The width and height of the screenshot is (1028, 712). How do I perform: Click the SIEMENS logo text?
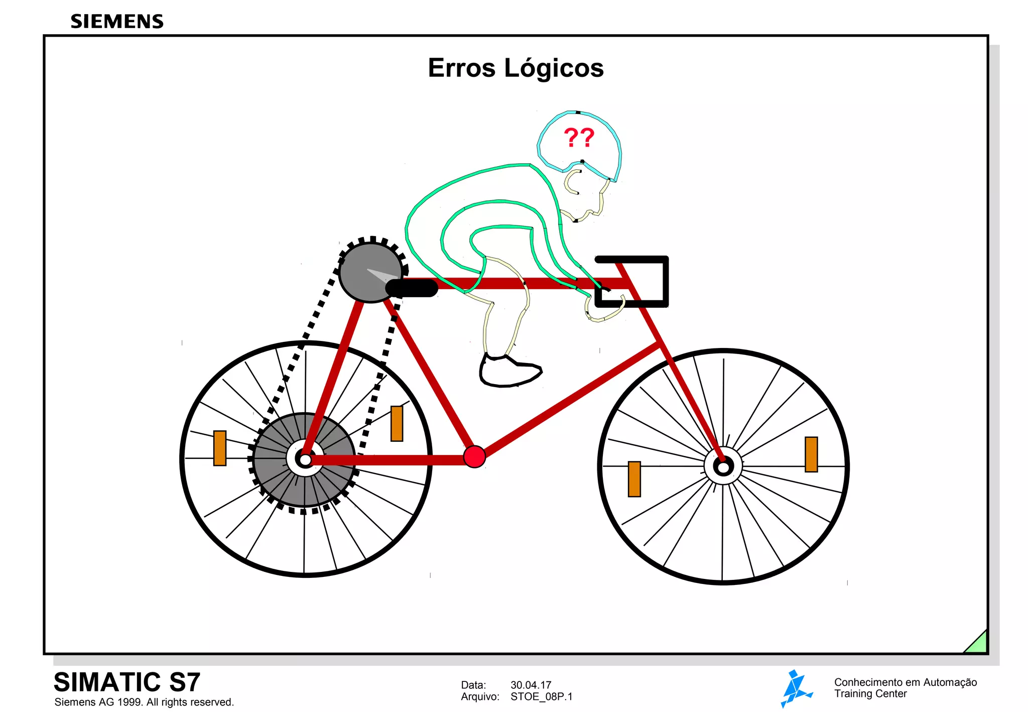[117, 22]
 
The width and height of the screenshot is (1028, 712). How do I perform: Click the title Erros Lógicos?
[516, 68]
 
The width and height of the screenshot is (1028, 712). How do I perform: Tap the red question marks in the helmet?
[579, 137]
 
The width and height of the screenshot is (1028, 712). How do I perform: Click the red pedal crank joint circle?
[474, 456]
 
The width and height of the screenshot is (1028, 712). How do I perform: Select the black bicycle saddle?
[412, 288]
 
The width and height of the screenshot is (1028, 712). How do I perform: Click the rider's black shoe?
[509, 372]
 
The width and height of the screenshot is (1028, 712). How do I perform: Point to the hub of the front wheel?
[723, 467]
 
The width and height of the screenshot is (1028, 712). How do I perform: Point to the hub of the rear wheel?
[305, 458]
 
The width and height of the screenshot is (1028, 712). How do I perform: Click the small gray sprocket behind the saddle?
[370, 272]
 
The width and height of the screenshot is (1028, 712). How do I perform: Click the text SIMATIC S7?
[127, 682]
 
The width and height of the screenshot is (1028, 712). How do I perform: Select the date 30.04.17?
[531, 685]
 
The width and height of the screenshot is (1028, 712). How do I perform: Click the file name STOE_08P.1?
[541, 696]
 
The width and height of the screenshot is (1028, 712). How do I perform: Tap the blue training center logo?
[795, 688]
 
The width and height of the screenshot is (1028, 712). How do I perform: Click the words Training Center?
[870, 694]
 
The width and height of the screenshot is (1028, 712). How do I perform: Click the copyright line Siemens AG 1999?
[144, 702]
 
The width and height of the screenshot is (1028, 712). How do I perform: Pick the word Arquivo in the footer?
[480, 696]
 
